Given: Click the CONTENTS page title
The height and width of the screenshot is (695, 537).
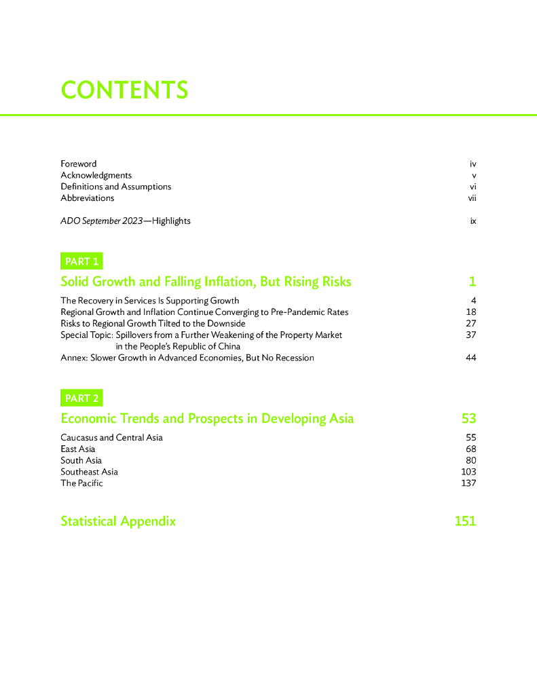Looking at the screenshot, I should click(x=124, y=90).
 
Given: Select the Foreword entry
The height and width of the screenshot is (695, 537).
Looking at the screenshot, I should click(x=79, y=164).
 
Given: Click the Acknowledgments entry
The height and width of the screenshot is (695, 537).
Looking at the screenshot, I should click(x=96, y=175).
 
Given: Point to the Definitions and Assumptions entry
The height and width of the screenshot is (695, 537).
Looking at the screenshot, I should click(x=116, y=187).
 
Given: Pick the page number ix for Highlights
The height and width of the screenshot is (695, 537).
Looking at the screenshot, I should click(x=473, y=221).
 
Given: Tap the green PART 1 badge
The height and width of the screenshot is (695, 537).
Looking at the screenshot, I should click(x=82, y=261).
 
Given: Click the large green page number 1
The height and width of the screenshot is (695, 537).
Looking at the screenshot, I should click(x=472, y=282).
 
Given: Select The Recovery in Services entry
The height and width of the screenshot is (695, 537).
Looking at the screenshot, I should click(x=150, y=300).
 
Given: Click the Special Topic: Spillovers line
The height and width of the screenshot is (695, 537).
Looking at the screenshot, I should click(x=202, y=335).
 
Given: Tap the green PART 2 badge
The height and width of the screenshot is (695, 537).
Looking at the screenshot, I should click(x=82, y=398).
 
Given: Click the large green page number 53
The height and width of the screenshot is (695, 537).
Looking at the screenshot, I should click(x=468, y=419).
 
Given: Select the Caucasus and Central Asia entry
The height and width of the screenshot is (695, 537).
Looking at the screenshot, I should click(x=112, y=437).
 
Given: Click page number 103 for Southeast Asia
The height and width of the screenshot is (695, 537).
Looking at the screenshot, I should click(x=468, y=472).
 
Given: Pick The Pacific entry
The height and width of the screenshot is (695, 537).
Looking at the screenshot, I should click(x=82, y=483).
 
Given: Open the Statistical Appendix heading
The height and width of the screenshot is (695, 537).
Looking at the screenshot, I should click(x=118, y=521).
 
